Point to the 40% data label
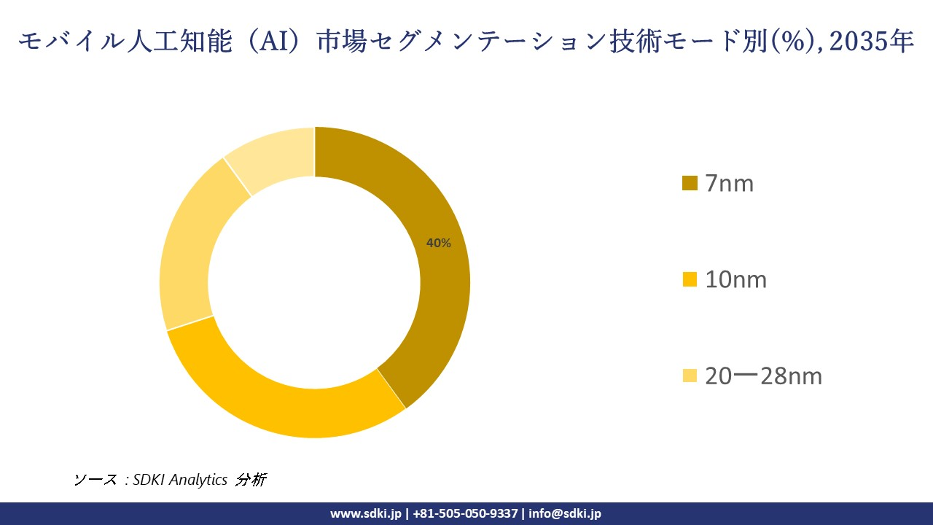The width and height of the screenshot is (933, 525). pyautogui.click(x=439, y=244)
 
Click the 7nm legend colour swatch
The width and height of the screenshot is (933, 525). pyautogui.click(x=690, y=184)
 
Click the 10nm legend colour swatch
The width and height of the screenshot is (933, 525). pyautogui.click(x=690, y=279)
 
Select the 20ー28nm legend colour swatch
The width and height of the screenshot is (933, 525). pyautogui.click(x=690, y=376)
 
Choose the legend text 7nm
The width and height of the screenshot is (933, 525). pyautogui.click(x=730, y=184)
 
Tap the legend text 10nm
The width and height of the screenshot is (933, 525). pyautogui.click(x=736, y=279)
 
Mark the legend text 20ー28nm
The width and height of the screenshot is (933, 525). pyautogui.click(x=763, y=376)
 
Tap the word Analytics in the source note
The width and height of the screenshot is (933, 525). pyautogui.click(x=198, y=480)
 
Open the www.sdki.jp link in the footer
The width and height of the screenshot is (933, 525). pyautogui.click(x=365, y=513)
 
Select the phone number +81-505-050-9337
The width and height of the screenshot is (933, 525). pyautogui.click(x=466, y=513)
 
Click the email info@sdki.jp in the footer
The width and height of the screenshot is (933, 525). pyautogui.click(x=565, y=513)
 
